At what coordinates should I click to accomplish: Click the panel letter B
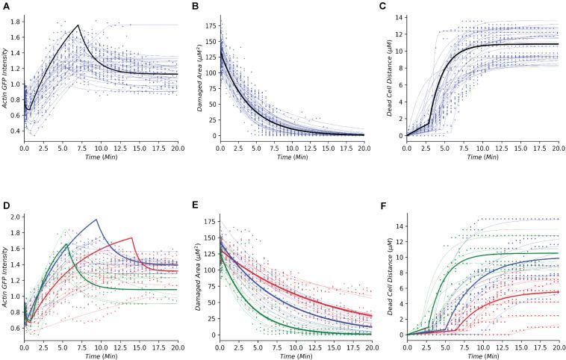click(x=196, y=6)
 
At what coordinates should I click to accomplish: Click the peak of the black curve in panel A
click(x=78, y=25)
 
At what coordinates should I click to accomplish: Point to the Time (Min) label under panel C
click(x=483, y=160)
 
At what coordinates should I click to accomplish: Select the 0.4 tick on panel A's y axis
click(x=16, y=131)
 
